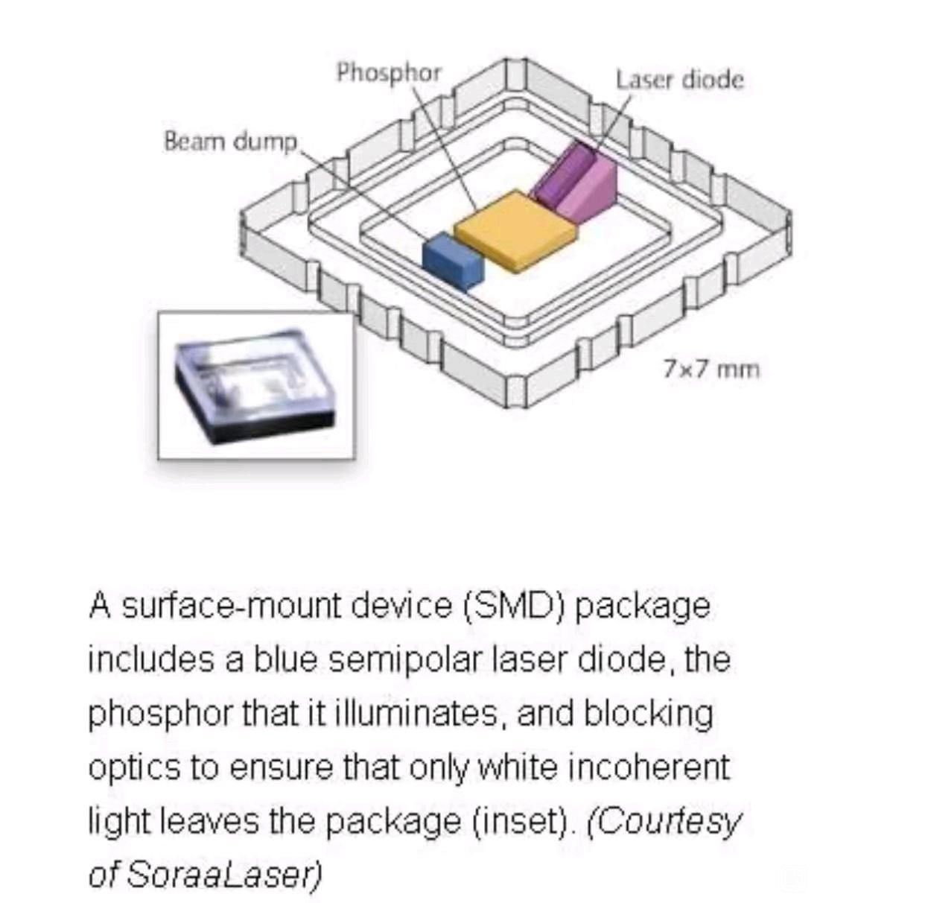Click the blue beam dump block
pos(453,261)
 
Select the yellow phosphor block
pos(515,232)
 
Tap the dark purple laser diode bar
pos(563,174)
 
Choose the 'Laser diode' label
pos(680,80)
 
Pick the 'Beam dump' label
pos(231,142)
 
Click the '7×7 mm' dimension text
pos(711,370)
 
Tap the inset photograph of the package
pos(256,385)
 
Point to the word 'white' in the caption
pos(517,767)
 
